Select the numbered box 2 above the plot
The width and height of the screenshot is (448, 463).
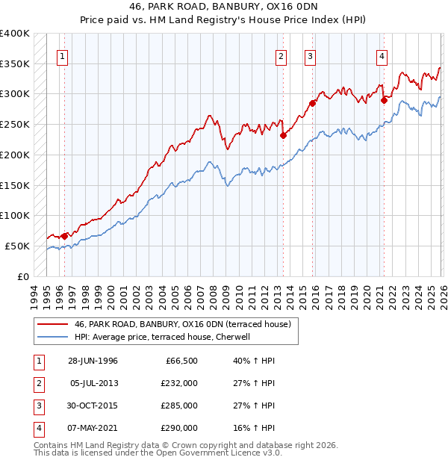pyautogui.click(x=281, y=55)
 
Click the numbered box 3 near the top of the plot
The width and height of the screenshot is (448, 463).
pyautogui.click(x=310, y=55)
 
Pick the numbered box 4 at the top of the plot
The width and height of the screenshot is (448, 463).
pyautogui.click(x=382, y=55)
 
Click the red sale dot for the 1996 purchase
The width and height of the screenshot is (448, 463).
pyautogui.click(x=64, y=235)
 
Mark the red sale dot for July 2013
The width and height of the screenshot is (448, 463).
pyautogui.click(x=284, y=135)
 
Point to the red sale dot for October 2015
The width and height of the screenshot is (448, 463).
pyautogui.click(x=313, y=103)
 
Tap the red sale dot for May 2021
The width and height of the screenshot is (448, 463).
pyautogui.click(x=384, y=100)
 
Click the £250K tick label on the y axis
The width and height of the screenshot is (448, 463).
pyautogui.click(x=15, y=124)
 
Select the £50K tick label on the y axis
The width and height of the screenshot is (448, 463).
pyautogui.click(x=17, y=246)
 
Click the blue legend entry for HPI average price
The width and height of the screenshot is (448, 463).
pyautogui.click(x=165, y=337)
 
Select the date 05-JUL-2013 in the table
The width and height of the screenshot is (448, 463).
pyautogui.click(x=93, y=383)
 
